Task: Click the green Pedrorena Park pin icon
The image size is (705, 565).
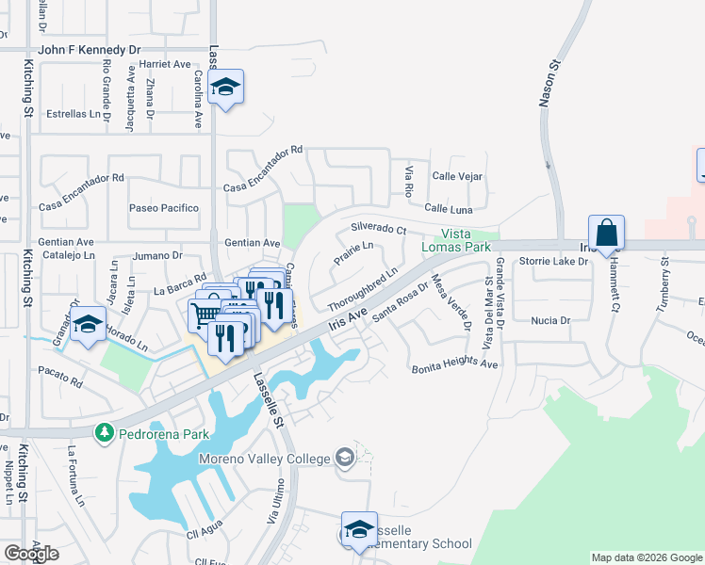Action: pos(102,433)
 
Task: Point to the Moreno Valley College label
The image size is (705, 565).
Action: pos(265,459)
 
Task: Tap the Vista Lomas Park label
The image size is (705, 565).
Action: pos(468,240)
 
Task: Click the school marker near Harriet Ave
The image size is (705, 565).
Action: pos(225,88)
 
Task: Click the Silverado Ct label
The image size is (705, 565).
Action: pos(378,229)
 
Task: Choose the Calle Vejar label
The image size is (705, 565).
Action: pos(457,176)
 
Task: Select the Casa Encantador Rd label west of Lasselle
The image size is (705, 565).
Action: pos(81,177)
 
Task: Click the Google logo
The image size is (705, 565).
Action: pos(31,553)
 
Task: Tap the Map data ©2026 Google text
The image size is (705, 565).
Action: pos(646,557)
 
